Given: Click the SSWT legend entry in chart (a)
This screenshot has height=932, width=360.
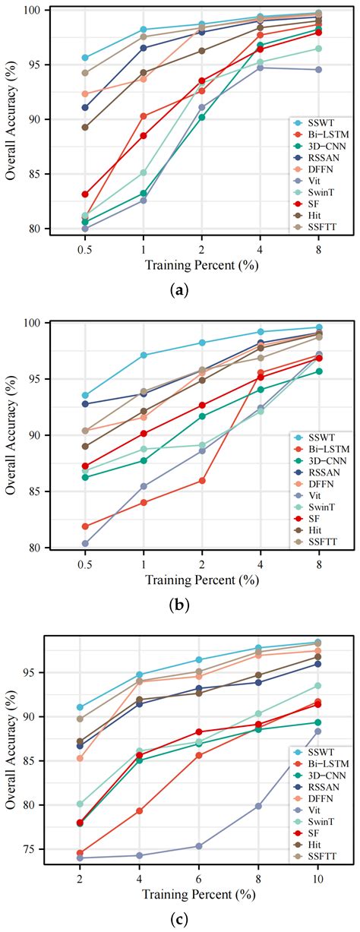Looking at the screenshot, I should pyautogui.click(x=319, y=122).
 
